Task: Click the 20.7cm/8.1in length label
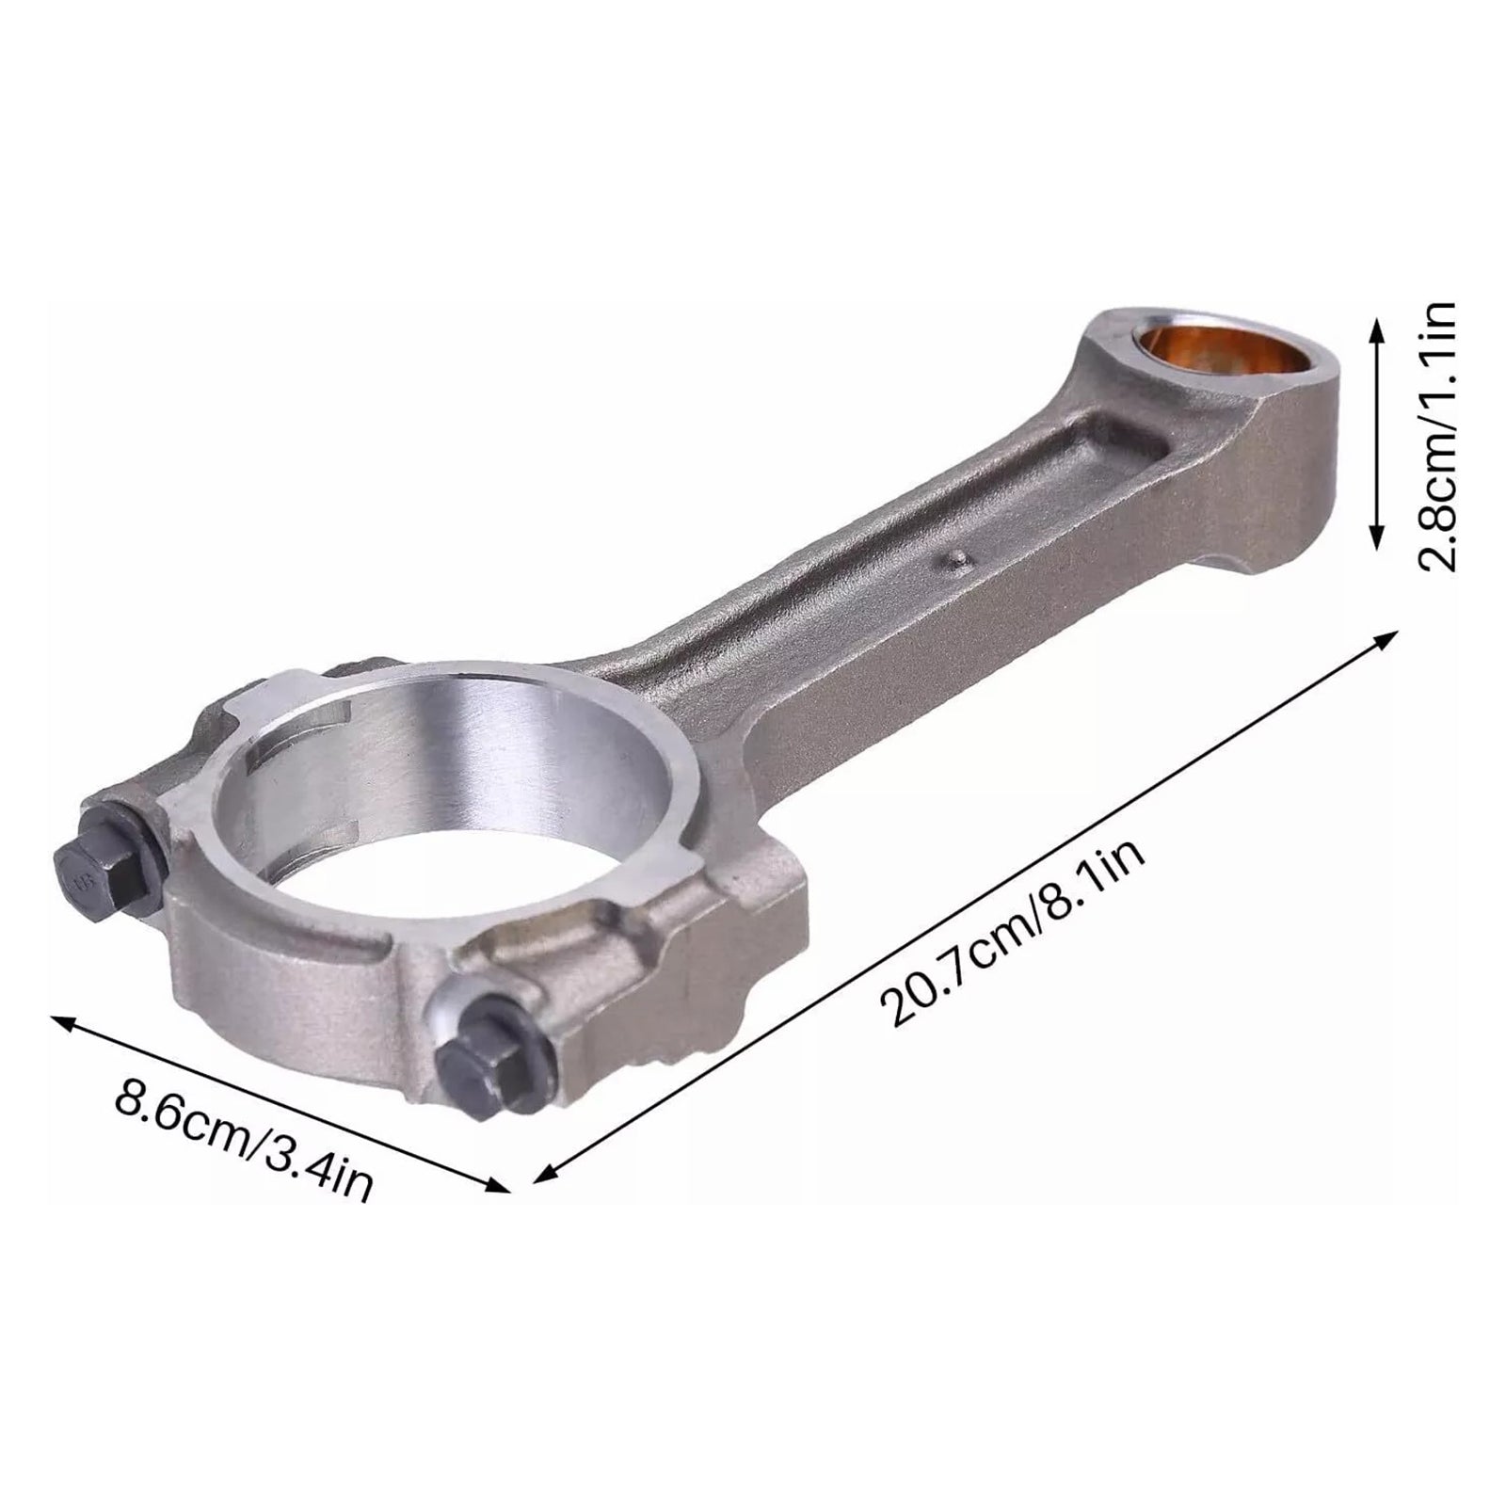coord(1012,933)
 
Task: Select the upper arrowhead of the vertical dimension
coord(1376,326)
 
